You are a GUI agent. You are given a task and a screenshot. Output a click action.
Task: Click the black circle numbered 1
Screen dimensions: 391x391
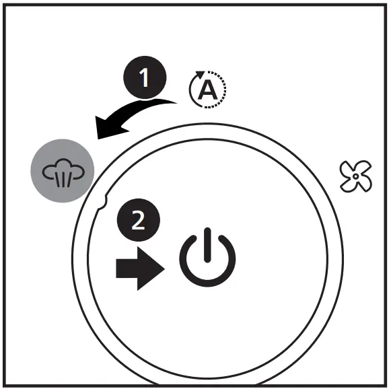tap(145, 77)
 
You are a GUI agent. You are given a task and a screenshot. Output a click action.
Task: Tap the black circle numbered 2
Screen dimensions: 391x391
tap(139, 220)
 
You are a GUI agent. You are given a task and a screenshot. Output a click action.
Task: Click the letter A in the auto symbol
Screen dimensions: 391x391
tap(207, 90)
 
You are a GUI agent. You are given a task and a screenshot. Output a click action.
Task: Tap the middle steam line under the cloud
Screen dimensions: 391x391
tap(63, 179)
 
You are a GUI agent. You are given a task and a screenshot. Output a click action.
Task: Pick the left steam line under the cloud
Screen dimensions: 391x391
tap(58, 179)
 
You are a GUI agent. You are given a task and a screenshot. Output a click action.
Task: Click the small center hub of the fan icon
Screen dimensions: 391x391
tap(355, 176)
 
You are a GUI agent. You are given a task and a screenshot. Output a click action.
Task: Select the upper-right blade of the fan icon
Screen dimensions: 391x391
tap(363, 168)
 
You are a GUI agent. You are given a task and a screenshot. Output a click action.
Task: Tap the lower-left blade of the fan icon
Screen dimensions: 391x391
tap(348, 184)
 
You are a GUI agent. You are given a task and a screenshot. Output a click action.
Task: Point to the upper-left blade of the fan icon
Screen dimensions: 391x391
tap(348, 169)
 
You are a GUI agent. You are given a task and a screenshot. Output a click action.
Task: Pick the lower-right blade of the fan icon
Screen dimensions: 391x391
tap(364, 184)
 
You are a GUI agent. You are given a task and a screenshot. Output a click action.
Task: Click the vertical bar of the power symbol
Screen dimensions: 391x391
tap(207, 245)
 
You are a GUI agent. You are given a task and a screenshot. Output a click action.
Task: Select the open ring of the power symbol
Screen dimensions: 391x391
tap(207, 283)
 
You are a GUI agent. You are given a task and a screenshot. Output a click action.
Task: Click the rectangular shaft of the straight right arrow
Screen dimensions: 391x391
tap(127, 269)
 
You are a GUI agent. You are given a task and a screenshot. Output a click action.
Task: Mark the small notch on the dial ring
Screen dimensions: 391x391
tap(103, 202)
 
